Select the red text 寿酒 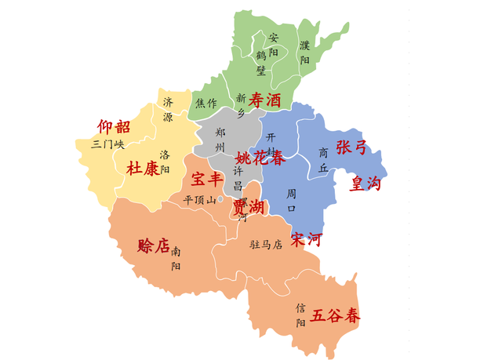tap(265, 100)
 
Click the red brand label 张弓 tap(351, 147)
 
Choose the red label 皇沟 tap(366, 184)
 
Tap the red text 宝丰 tap(207, 180)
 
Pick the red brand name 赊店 tap(153, 245)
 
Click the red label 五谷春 tap(336, 316)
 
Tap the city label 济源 tap(168, 110)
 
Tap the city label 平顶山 tap(199, 200)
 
